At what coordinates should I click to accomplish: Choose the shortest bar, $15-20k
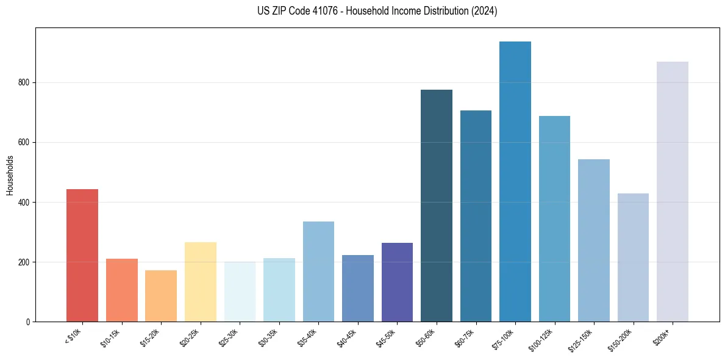point(161,296)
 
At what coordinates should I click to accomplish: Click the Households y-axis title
point(10,175)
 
